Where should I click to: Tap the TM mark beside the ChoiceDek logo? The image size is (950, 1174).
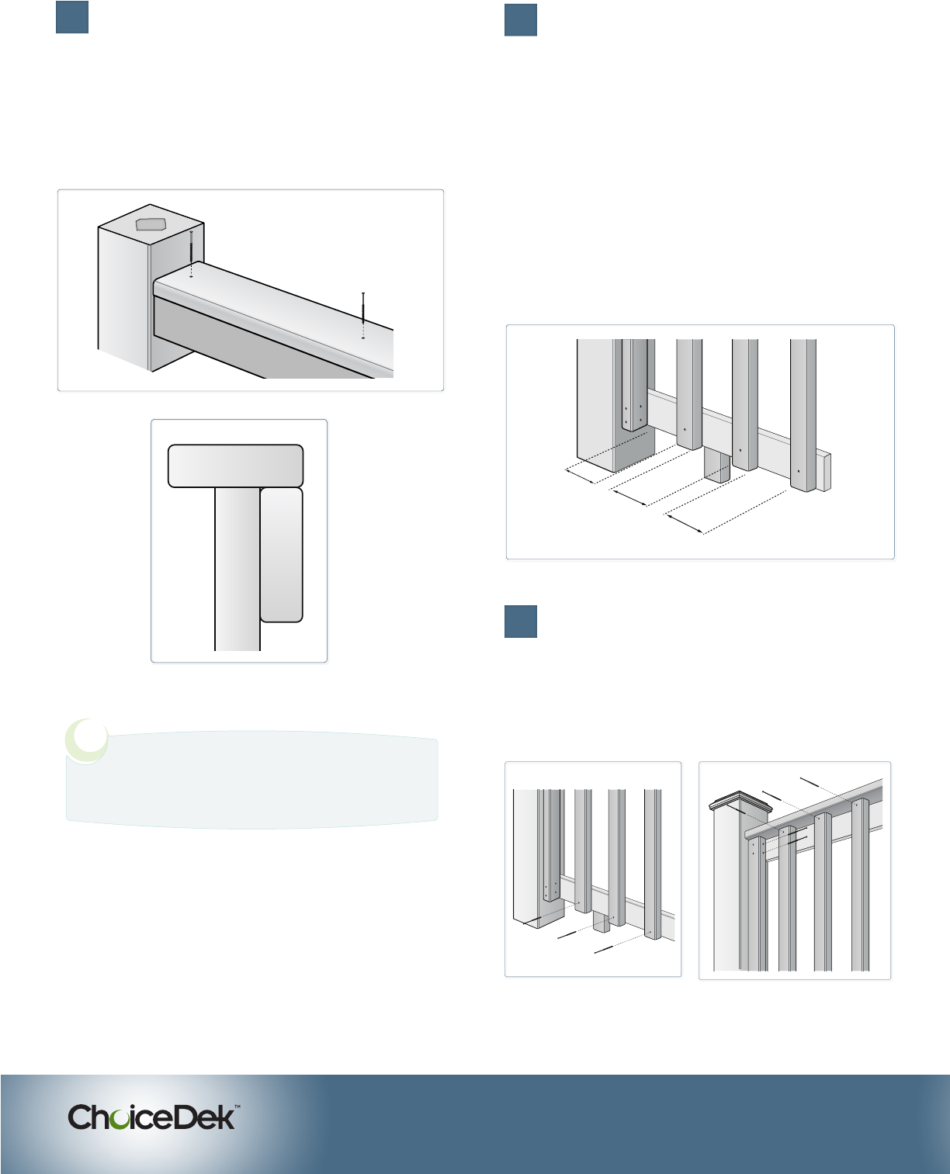pyautogui.click(x=237, y=1106)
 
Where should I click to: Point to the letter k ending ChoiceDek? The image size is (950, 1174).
pyautogui.click(x=226, y=1117)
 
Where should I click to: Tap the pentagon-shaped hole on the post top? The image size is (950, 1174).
pyautogui.click(x=151, y=224)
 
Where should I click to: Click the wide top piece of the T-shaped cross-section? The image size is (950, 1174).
pyautogui.click(x=235, y=466)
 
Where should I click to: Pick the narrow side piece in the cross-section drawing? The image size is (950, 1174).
pyautogui.click(x=281, y=555)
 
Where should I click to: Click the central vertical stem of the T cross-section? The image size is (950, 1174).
pyautogui.click(x=237, y=569)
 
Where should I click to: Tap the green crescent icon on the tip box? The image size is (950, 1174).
pyautogui.click(x=86, y=741)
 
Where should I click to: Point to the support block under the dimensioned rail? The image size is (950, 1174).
pyautogui.click(x=717, y=465)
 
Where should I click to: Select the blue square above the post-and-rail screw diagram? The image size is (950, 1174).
pyautogui.click(x=72, y=17)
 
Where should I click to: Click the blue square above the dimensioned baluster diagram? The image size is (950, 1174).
pyautogui.click(x=521, y=20)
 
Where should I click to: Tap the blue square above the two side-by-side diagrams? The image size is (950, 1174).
pyautogui.click(x=521, y=622)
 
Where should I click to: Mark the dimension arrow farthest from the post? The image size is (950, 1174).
pyautogui.click(x=685, y=525)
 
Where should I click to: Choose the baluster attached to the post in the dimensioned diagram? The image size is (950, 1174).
pyautogui.click(x=635, y=384)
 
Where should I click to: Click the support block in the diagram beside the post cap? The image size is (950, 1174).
pyautogui.click(x=602, y=922)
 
